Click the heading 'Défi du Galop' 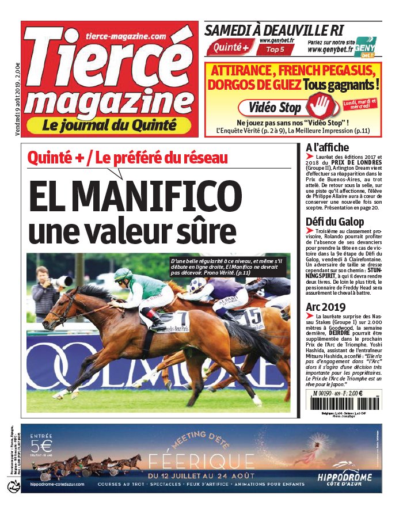pos(334,222)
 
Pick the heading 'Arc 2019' pos(326,307)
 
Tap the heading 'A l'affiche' pos(327,147)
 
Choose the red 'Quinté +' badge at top pos(230,48)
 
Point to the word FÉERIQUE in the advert pos(201,461)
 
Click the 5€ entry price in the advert pos(43,446)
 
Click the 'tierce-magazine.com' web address pos(123,36)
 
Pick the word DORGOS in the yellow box pos(237,85)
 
